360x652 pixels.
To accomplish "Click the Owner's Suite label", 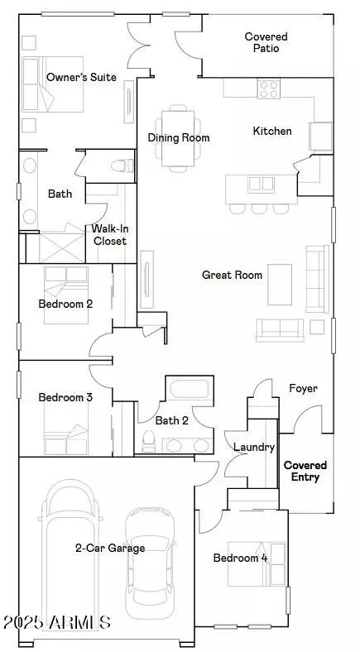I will (81, 77).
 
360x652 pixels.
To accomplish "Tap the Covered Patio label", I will (266, 42).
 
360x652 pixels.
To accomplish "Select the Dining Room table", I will (179, 138).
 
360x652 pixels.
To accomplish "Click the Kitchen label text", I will (271, 131).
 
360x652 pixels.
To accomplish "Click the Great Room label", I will (232, 275).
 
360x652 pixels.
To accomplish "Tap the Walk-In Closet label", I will (109, 235).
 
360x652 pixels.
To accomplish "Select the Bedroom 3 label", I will (65, 397).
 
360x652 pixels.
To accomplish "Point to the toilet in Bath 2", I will (150, 439).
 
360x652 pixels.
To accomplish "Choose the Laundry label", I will (253, 447).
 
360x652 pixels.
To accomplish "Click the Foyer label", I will (303, 388).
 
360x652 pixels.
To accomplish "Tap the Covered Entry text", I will (305, 471).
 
